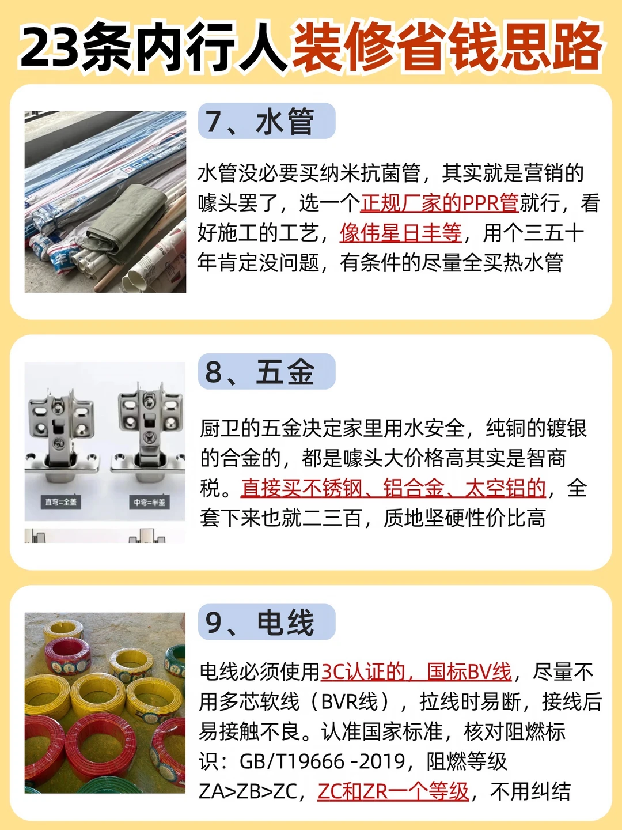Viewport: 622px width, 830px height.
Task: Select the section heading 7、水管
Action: point(260,121)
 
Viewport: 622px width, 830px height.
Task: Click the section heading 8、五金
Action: point(260,371)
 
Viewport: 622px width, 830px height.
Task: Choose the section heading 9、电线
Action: point(260,622)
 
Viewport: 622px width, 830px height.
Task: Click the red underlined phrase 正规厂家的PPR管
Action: point(439,203)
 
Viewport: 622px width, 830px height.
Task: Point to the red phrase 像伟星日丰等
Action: point(401,232)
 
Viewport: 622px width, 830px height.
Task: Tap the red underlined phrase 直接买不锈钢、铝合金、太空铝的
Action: point(393,488)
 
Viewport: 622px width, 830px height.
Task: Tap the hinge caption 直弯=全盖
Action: point(61,502)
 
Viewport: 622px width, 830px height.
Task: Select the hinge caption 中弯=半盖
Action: point(150,502)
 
